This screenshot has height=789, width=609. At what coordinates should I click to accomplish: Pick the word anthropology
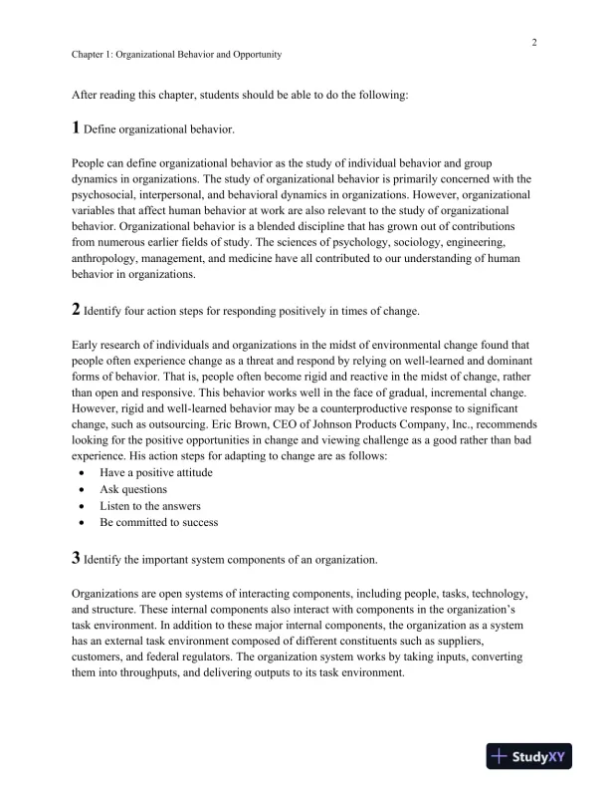(x=106, y=258)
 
